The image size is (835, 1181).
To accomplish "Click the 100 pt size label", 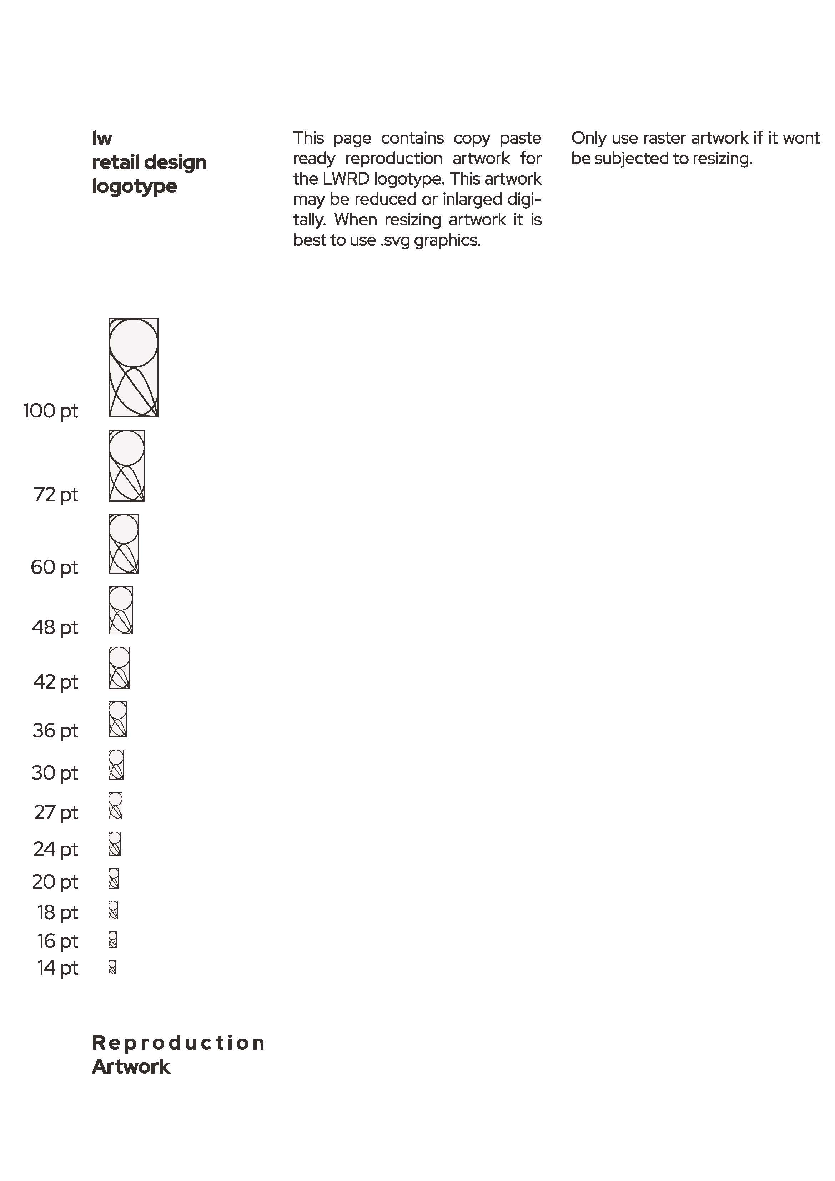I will pyautogui.click(x=51, y=411).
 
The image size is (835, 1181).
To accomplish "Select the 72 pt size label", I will pyautogui.click(x=56, y=495).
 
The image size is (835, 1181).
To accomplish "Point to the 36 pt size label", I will pyautogui.click(x=55, y=730).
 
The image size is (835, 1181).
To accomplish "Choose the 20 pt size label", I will pyautogui.click(x=55, y=882).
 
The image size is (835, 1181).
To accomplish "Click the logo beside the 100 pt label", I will pyautogui.click(x=133, y=368).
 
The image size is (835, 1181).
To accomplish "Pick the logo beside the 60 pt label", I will pyautogui.click(x=124, y=544).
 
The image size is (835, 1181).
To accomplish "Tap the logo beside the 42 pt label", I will pyautogui.click(x=119, y=668).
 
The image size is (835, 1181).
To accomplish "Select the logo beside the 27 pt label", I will pyautogui.click(x=116, y=806).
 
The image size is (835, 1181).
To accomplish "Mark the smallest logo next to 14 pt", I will pyautogui.click(x=112, y=967).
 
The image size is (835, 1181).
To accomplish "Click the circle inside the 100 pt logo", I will pyautogui.click(x=134, y=342).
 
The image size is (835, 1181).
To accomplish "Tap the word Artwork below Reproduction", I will pyautogui.click(x=131, y=1067).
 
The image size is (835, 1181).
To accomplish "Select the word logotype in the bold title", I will pyautogui.click(x=134, y=186).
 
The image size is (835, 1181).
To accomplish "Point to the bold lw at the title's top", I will pyautogui.click(x=102, y=138).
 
